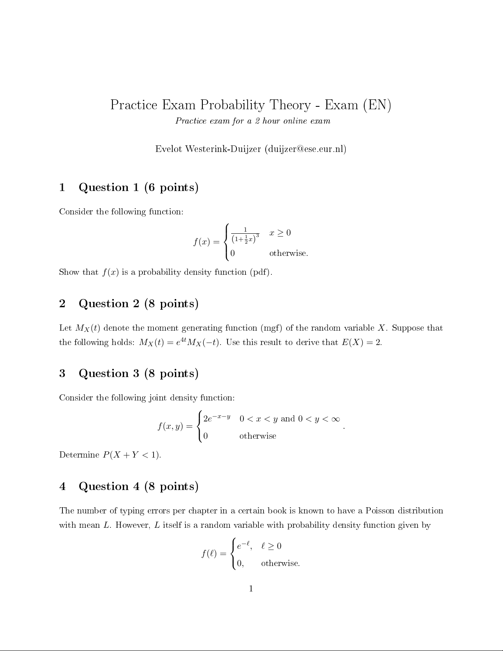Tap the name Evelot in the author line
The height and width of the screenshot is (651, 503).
[168, 149]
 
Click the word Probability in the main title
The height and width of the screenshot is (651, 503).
[232, 105]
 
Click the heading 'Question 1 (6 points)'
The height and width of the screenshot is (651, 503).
[138, 188]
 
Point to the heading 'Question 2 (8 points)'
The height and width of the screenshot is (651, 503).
[138, 304]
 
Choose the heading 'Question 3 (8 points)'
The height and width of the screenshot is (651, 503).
[138, 374]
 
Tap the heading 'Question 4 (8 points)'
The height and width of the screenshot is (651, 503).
[138, 487]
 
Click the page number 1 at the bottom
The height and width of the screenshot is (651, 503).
[251, 589]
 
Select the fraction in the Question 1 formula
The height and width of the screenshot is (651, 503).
[245, 235]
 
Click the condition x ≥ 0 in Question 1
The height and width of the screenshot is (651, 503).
[280, 233]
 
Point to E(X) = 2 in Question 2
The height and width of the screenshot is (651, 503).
[361, 343]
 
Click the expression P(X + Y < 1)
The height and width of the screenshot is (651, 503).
[131, 455]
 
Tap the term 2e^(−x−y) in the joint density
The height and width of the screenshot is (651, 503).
[216, 419]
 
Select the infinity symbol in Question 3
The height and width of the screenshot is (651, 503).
[335, 419]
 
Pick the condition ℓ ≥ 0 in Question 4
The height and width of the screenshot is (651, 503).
[271, 546]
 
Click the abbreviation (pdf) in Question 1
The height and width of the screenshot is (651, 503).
[260, 272]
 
